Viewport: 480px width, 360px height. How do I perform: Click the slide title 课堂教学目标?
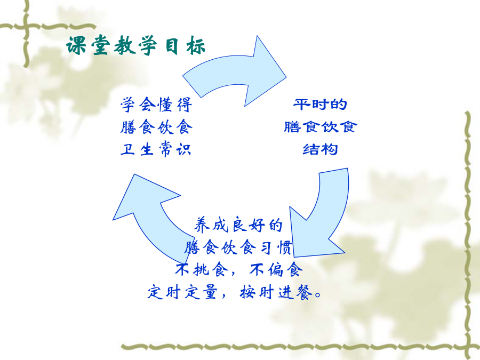coord(135,46)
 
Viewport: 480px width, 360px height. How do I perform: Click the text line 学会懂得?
coord(156,105)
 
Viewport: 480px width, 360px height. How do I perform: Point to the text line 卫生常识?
coord(156,149)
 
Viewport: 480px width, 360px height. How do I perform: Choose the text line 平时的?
coord(320,105)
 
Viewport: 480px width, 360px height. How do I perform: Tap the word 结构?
coord(320,149)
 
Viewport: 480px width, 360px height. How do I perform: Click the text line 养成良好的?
coord(238,225)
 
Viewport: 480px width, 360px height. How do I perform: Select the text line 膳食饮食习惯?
coord(238,247)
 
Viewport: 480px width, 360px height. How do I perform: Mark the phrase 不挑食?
coord(202,270)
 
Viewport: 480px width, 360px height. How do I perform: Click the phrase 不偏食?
coord(276,270)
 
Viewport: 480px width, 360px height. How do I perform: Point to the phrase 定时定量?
coord(183,292)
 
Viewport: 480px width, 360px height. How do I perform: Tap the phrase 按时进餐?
coord(276,292)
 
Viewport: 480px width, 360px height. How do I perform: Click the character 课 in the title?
coord(76,46)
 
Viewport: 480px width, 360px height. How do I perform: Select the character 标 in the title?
coord(196,46)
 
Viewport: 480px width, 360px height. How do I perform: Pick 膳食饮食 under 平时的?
coord(320,127)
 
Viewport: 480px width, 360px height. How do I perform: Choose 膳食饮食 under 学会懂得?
coord(156,127)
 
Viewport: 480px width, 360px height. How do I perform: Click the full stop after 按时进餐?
coord(318,295)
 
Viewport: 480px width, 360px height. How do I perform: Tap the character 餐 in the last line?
coord(303,292)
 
